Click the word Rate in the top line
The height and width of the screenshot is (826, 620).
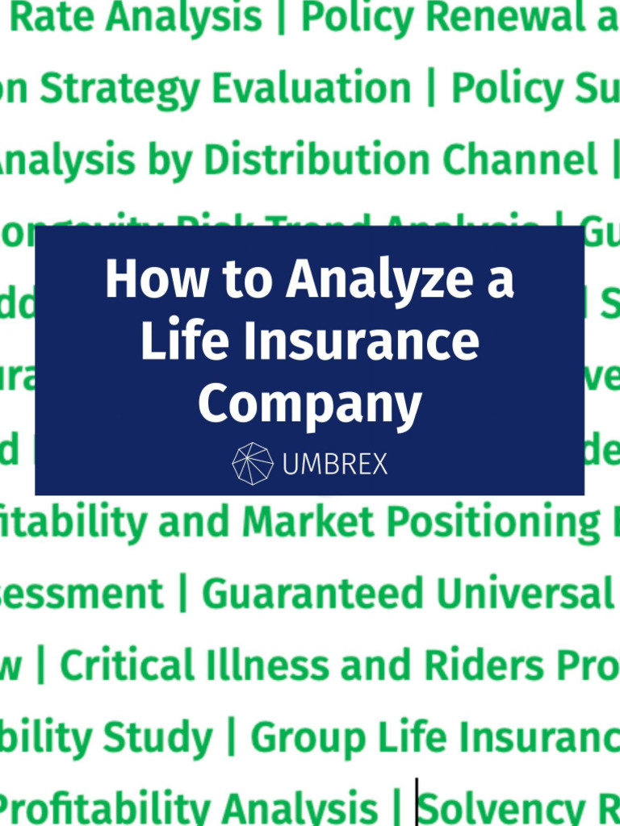click(x=49, y=17)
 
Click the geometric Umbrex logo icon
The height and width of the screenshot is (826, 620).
click(x=252, y=463)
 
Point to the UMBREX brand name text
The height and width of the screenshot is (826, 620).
click(x=335, y=464)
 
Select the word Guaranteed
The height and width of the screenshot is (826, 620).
click(x=312, y=594)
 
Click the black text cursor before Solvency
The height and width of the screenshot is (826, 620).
click(x=417, y=803)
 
